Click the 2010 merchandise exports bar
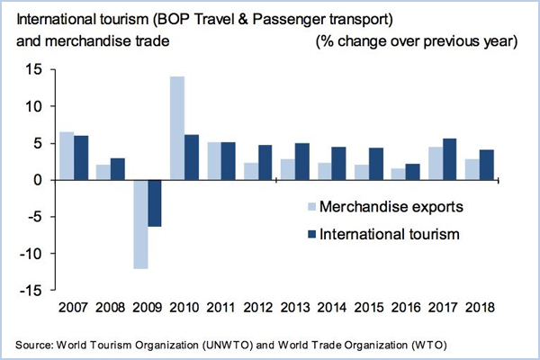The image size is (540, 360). [177, 128]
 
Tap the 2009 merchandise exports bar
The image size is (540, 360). [140, 224]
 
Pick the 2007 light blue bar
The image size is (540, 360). [67, 156]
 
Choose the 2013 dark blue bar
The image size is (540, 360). [302, 161]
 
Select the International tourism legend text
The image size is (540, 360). [391, 235]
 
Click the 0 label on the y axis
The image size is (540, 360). [38, 180]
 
